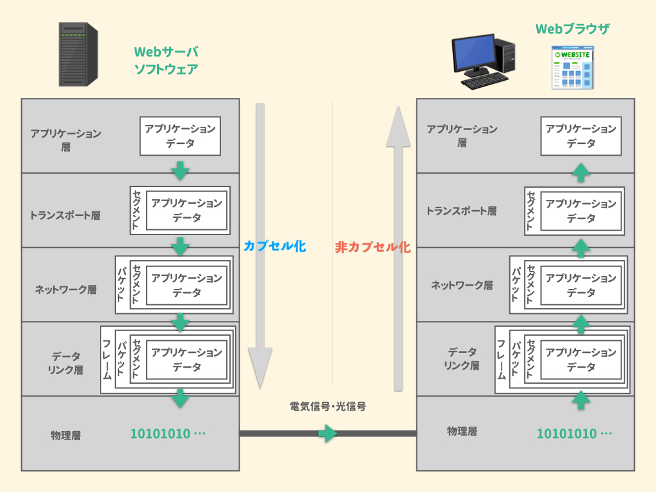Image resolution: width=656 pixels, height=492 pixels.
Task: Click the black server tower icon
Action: point(78,54)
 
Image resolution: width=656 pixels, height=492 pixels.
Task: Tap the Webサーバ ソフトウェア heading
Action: point(165,61)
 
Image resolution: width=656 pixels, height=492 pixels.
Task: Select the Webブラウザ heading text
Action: point(572,29)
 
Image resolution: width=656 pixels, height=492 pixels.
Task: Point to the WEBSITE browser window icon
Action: point(573,68)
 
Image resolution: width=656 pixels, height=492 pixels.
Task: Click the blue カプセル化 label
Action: point(274,246)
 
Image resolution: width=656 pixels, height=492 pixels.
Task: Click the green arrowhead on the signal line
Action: point(328,434)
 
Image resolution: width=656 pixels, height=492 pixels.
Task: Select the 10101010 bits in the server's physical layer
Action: point(168,434)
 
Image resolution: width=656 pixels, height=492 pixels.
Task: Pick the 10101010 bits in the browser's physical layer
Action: point(574,434)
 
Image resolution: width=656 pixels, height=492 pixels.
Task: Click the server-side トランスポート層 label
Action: point(65,215)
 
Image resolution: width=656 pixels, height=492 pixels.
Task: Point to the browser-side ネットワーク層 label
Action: point(461,285)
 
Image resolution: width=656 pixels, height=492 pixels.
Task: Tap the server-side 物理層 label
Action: point(65,436)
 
